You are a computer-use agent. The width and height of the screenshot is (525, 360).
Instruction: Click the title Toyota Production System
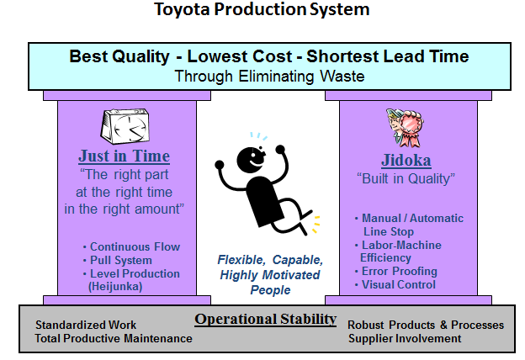click(262, 10)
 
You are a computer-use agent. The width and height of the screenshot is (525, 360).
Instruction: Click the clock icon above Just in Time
click(125, 126)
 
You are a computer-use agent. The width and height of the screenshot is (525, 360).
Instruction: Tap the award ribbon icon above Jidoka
click(405, 128)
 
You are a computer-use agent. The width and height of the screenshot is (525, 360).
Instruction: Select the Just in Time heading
click(125, 156)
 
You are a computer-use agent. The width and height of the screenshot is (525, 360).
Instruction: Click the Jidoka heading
click(406, 160)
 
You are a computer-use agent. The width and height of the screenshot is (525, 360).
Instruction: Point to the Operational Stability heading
click(266, 319)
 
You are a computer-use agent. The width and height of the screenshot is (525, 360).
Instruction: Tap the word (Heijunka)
click(115, 287)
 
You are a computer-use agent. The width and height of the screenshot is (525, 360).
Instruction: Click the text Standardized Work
click(86, 325)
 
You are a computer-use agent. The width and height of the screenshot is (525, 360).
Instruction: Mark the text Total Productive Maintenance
click(114, 339)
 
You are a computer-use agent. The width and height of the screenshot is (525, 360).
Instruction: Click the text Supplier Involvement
click(405, 339)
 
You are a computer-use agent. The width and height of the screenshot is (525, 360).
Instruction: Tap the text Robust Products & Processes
click(426, 325)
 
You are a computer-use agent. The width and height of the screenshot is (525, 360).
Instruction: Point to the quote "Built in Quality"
click(406, 178)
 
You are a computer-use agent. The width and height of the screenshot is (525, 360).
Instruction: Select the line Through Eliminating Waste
click(269, 77)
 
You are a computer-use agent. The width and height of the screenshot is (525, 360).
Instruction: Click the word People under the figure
click(271, 290)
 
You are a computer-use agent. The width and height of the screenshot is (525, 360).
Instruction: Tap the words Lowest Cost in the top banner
click(240, 56)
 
